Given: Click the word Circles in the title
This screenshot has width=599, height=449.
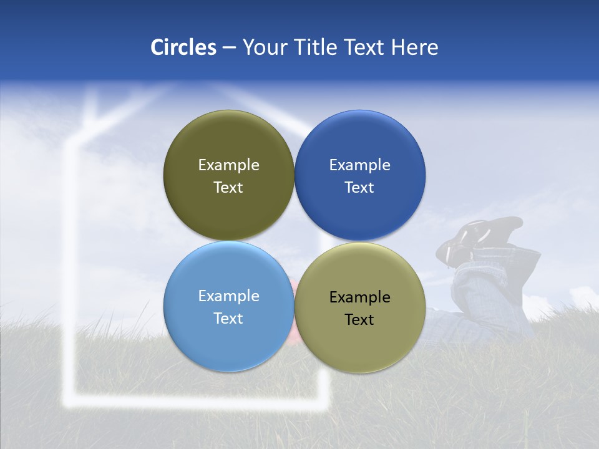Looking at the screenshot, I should pyautogui.click(x=183, y=47).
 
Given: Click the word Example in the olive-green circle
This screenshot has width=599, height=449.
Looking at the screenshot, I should pyautogui.click(x=228, y=165).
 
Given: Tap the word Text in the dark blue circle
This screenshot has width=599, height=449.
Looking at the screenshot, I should pyautogui.click(x=359, y=188).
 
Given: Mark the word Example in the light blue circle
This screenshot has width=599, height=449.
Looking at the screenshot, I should pyautogui.click(x=228, y=296).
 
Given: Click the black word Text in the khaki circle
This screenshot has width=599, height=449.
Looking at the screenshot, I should pyautogui.click(x=359, y=320).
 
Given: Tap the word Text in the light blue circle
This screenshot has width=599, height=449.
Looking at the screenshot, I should pyautogui.click(x=228, y=319).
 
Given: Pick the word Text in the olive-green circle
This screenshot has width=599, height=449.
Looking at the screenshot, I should pyautogui.click(x=228, y=188).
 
